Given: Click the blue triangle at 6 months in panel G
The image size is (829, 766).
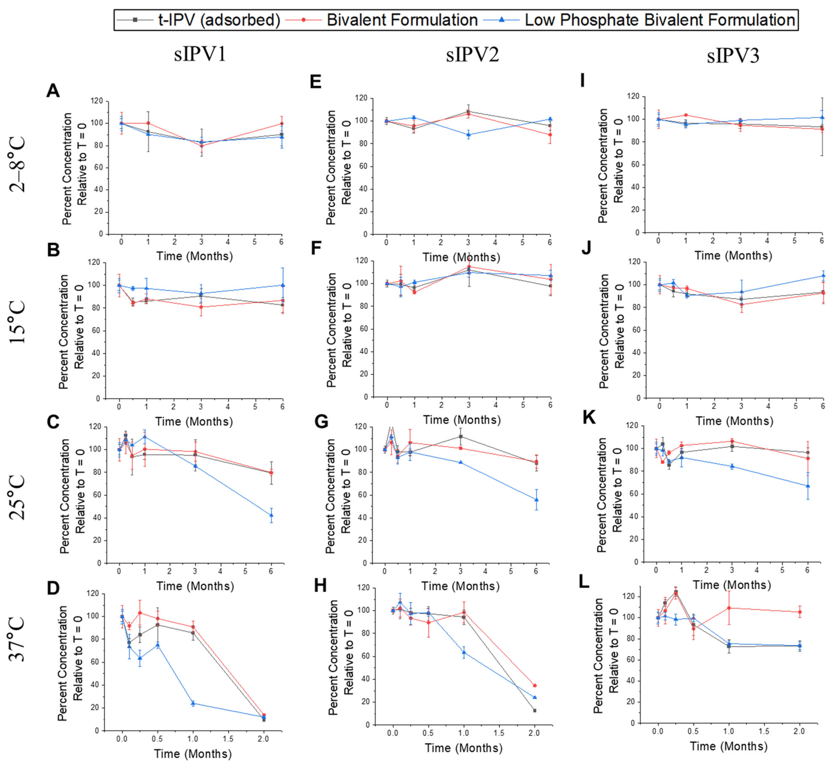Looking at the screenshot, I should (x=536, y=499).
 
